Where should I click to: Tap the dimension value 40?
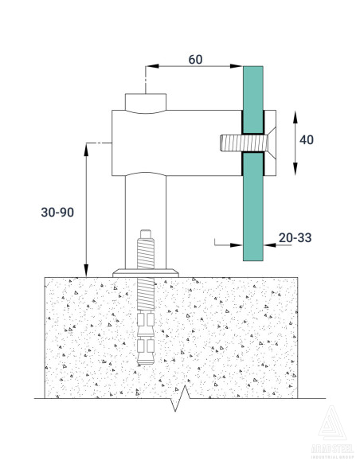coord(306,139)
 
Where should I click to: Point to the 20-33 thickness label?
coord(296,236)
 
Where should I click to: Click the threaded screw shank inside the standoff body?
coord(230,143)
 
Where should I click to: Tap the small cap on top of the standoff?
coord(147,103)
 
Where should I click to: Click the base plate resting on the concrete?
coord(147,272)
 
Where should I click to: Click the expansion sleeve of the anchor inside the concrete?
coord(147,334)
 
